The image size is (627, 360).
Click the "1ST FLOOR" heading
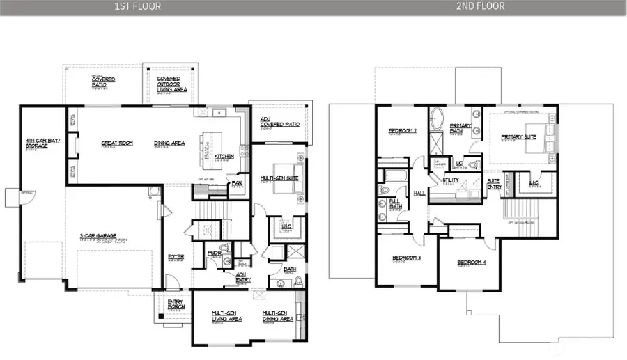coord(137,6)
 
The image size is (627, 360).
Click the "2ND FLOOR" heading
coord(481,6)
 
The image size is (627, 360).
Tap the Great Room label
coord(117,143)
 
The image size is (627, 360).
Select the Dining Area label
coord(169,143)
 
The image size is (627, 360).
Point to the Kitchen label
coord(224,156)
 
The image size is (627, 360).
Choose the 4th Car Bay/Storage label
coord(43,143)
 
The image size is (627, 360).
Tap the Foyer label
coord(176,256)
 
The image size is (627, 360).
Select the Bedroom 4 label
coord(472,263)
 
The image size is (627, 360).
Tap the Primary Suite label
coord(520,137)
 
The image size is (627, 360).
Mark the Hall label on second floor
coord(419,194)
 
